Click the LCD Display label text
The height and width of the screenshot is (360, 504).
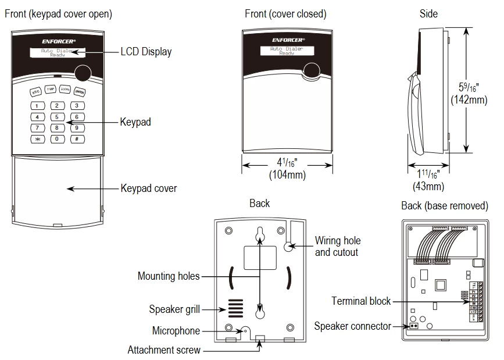(x=146, y=52)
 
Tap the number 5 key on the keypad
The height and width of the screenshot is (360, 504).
(x=56, y=117)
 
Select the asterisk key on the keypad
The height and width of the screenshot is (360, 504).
(x=37, y=139)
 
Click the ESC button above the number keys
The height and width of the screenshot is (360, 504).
(x=35, y=92)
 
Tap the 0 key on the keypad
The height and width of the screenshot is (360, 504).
(x=56, y=139)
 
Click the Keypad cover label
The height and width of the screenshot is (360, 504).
(x=148, y=188)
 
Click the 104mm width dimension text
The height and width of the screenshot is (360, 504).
(x=287, y=174)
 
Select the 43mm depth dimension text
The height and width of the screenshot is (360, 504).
(x=428, y=186)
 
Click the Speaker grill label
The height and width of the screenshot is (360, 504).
(x=174, y=309)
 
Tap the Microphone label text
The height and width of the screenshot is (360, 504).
(x=176, y=331)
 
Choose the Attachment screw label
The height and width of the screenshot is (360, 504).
(x=164, y=350)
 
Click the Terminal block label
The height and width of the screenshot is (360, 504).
(x=361, y=301)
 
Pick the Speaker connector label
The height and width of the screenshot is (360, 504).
(x=352, y=326)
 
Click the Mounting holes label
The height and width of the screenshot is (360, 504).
(x=168, y=276)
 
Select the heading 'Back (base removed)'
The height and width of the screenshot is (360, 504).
(x=444, y=206)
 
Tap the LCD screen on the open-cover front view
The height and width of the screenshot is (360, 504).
(x=58, y=52)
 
